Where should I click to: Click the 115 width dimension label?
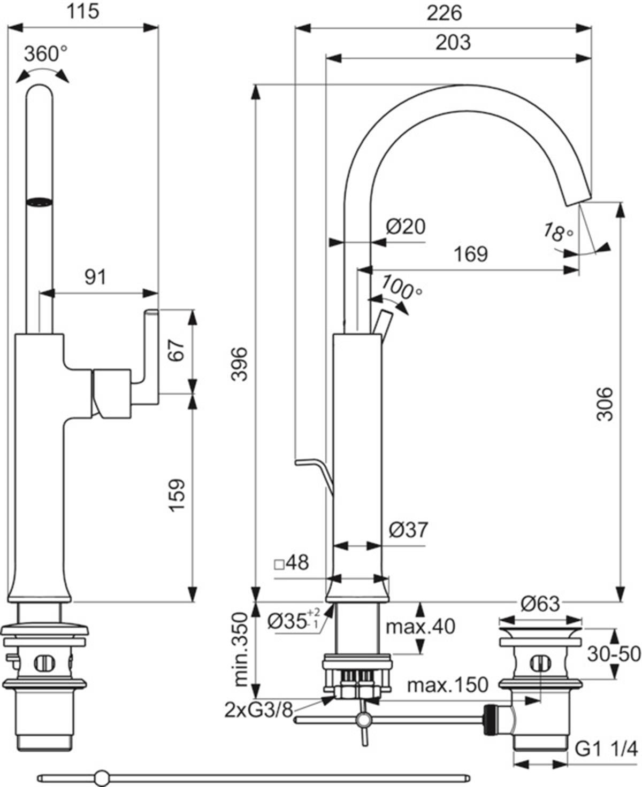(83, 11)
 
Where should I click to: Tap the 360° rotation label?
(46, 54)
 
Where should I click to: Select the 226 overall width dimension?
(444, 13)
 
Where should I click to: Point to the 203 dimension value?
(453, 43)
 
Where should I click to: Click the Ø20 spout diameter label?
(406, 227)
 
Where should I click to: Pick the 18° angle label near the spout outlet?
(559, 233)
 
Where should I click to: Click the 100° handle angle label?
(401, 288)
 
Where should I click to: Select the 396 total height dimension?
(239, 364)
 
